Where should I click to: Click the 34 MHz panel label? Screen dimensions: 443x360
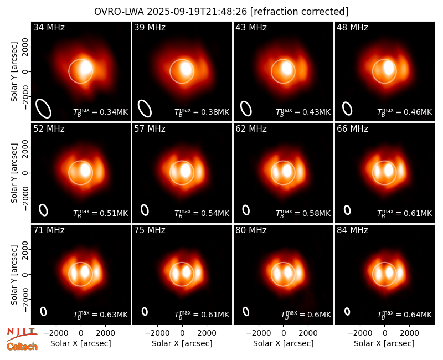click(49, 27)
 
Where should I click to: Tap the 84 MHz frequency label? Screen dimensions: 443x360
click(352, 230)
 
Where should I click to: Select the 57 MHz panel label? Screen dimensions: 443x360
click(150, 129)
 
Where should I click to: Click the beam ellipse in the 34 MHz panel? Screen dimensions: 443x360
click(43, 108)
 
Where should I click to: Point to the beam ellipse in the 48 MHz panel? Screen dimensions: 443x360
click(347, 109)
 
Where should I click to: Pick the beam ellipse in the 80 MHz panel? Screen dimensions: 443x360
click(246, 311)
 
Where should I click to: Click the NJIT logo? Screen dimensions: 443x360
click(22, 333)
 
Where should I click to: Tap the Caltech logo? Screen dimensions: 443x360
click(22, 347)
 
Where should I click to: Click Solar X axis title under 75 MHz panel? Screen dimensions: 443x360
click(182, 343)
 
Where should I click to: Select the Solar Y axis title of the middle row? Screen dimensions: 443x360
click(14, 173)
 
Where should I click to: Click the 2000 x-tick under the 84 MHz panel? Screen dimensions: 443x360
click(409, 333)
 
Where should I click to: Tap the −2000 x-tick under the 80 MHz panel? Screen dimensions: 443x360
click(259, 333)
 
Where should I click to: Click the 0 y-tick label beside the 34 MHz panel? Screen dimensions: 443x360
click(25, 71)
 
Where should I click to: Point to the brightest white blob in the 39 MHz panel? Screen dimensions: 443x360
click(186, 68)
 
